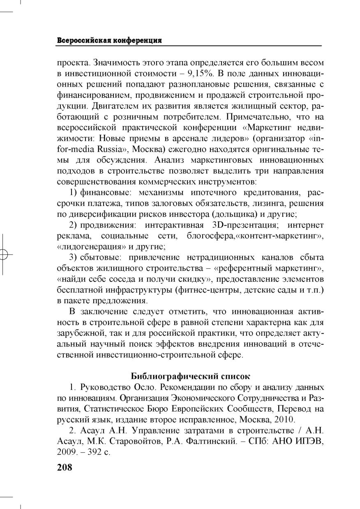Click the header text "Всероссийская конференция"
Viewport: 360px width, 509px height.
109,41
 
